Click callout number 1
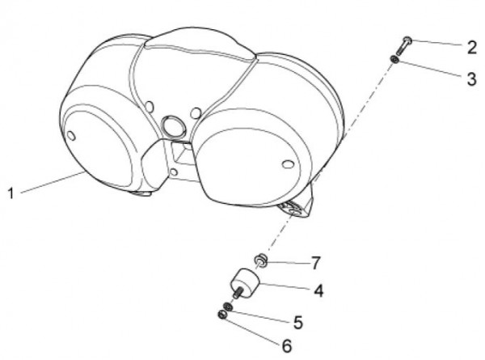tap(11, 193)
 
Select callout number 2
tap(472, 48)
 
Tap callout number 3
tap(471, 79)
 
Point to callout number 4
tap(318, 291)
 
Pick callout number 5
tap(297, 322)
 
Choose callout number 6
tap(287, 345)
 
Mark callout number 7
tap(315, 263)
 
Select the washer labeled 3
tap(394, 59)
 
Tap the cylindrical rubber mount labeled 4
tap(245, 283)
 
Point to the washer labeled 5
tap(228, 307)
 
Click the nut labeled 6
tap(222, 315)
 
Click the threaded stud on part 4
tap(238, 293)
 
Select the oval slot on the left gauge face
tap(71, 136)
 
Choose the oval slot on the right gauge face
tap(289, 164)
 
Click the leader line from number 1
tap(53, 183)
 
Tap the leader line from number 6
tap(252, 331)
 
